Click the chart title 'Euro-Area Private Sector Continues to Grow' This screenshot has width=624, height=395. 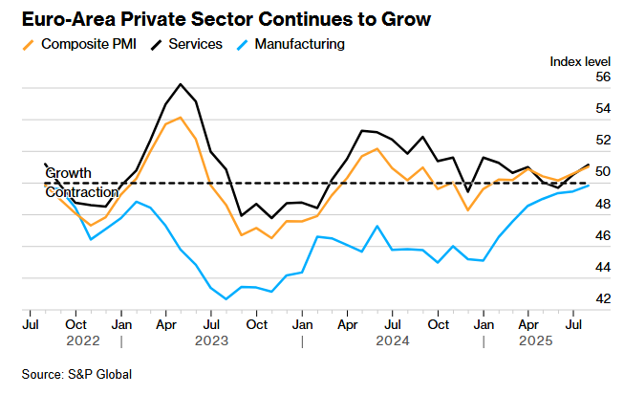[x=220, y=19]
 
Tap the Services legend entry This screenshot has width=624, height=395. [x=195, y=44]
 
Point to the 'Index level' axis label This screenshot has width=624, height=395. [x=580, y=61]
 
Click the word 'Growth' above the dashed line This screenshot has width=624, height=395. [x=68, y=173]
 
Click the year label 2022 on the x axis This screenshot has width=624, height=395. [x=82, y=340]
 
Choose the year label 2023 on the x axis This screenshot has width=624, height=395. [x=211, y=340]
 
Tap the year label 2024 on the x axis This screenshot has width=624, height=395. [x=392, y=340]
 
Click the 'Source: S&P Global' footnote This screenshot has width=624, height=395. [x=76, y=374]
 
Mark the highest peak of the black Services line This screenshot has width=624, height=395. [x=181, y=83]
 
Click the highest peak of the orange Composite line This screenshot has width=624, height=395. [x=181, y=118]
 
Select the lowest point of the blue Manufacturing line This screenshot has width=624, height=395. [x=226, y=299]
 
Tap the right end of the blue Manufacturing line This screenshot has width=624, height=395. [x=588, y=185]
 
